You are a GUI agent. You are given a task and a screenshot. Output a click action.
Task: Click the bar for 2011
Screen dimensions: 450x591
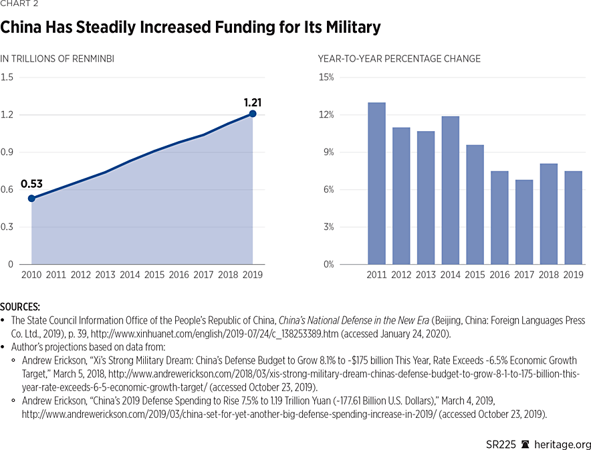[x=376, y=183]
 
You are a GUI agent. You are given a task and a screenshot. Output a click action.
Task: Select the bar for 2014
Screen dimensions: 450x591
[x=451, y=191]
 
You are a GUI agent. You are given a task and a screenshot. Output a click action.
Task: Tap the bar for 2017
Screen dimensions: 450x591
[x=525, y=222]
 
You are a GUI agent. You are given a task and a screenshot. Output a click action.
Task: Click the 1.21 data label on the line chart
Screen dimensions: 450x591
[x=252, y=102]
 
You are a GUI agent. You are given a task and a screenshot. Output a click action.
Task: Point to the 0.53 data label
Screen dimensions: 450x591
[x=31, y=185]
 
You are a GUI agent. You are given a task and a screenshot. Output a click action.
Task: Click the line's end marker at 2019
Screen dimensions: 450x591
[x=253, y=114]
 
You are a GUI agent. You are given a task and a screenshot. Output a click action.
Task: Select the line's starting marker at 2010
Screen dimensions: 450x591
[x=31, y=198]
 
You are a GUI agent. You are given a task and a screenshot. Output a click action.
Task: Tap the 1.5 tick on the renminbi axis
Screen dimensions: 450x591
[x=7, y=78]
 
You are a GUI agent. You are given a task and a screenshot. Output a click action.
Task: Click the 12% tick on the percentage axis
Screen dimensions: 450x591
[x=326, y=115]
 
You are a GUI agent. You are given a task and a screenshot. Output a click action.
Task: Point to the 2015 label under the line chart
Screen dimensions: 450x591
[x=154, y=275]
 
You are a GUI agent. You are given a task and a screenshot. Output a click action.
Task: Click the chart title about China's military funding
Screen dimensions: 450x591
[x=191, y=28]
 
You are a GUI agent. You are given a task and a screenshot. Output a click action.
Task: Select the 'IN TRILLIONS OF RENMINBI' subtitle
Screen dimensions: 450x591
[x=57, y=59]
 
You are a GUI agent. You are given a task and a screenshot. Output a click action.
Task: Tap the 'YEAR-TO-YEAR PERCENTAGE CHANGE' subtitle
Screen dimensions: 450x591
[x=399, y=59]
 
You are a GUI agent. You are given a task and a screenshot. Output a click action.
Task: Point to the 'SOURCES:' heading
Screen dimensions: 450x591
[x=21, y=306]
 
